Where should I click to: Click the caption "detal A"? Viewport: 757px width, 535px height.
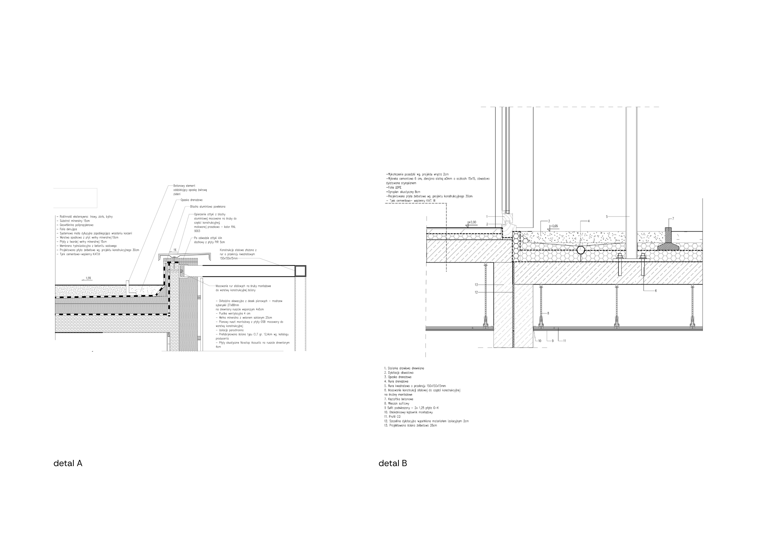click(68, 464)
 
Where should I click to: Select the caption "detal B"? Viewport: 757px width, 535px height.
click(393, 464)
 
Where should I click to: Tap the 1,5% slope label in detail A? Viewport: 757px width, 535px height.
click(88, 278)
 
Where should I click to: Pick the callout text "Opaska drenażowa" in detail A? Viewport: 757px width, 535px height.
click(191, 200)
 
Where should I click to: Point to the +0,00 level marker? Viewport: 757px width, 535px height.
click(472, 222)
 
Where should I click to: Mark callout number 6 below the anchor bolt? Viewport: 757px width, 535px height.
click(656, 290)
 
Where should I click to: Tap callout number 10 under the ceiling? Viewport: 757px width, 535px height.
click(540, 341)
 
